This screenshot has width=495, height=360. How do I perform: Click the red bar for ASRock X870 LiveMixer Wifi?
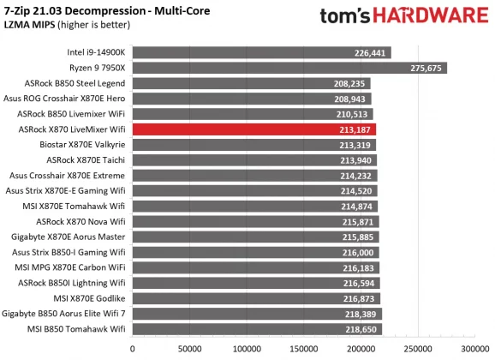click(253, 129)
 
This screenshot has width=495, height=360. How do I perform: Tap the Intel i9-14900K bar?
click(261, 51)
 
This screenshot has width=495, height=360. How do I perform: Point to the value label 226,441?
click(370, 51)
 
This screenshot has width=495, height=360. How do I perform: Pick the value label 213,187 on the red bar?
click(356, 129)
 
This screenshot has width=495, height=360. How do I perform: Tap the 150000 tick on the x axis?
click(303, 349)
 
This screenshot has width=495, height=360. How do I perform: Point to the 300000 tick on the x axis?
click(474, 349)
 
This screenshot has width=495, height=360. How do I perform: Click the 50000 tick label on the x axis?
click(189, 349)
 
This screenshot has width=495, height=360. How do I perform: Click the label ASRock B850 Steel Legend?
click(76, 83)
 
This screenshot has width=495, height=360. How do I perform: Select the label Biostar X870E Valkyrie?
click(83, 144)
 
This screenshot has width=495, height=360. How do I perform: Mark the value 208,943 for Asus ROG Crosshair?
click(353, 98)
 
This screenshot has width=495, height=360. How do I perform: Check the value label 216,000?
click(359, 252)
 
